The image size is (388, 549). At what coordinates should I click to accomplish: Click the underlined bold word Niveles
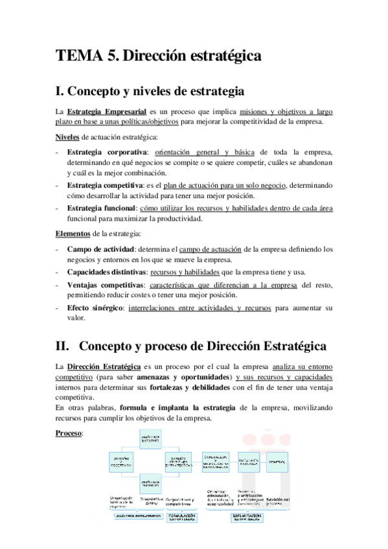tap(67, 137)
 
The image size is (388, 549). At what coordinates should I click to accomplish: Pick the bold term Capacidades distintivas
tap(106, 271)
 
